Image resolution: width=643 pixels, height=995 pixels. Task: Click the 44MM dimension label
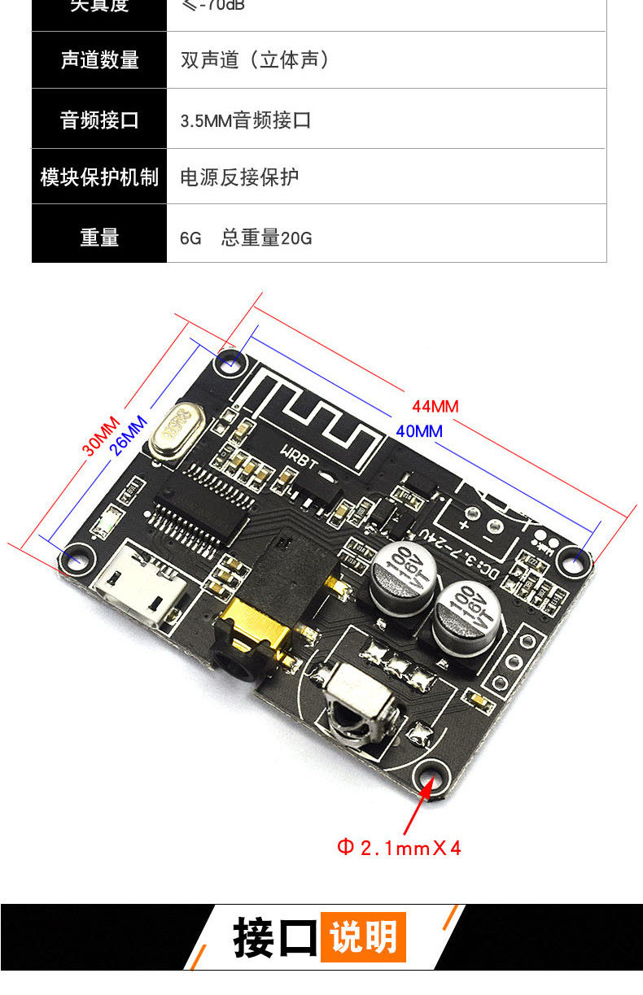click(x=435, y=406)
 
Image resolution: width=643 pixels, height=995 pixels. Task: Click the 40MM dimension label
click(x=419, y=431)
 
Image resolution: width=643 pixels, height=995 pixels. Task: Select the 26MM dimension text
click(x=130, y=434)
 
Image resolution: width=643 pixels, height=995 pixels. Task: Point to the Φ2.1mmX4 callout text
click(x=400, y=848)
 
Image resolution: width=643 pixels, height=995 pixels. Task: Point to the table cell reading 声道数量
click(x=99, y=60)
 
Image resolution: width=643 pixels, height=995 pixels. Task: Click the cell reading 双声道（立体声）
click(x=256, y=60)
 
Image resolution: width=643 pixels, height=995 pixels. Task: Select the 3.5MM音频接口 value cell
click(x=246, y=121)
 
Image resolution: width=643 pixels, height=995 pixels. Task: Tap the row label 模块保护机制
click(x=99, y=177)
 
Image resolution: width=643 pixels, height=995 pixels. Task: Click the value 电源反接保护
click(x=239, y=177)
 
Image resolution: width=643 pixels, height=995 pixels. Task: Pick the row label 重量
click(x=99, y=238)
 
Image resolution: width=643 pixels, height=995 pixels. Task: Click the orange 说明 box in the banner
click(x=363, y=937)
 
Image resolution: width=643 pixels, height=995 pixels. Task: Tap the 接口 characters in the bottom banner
click(x=274, y=937)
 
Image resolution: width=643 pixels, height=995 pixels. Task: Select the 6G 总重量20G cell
click(x=246, y=238)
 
